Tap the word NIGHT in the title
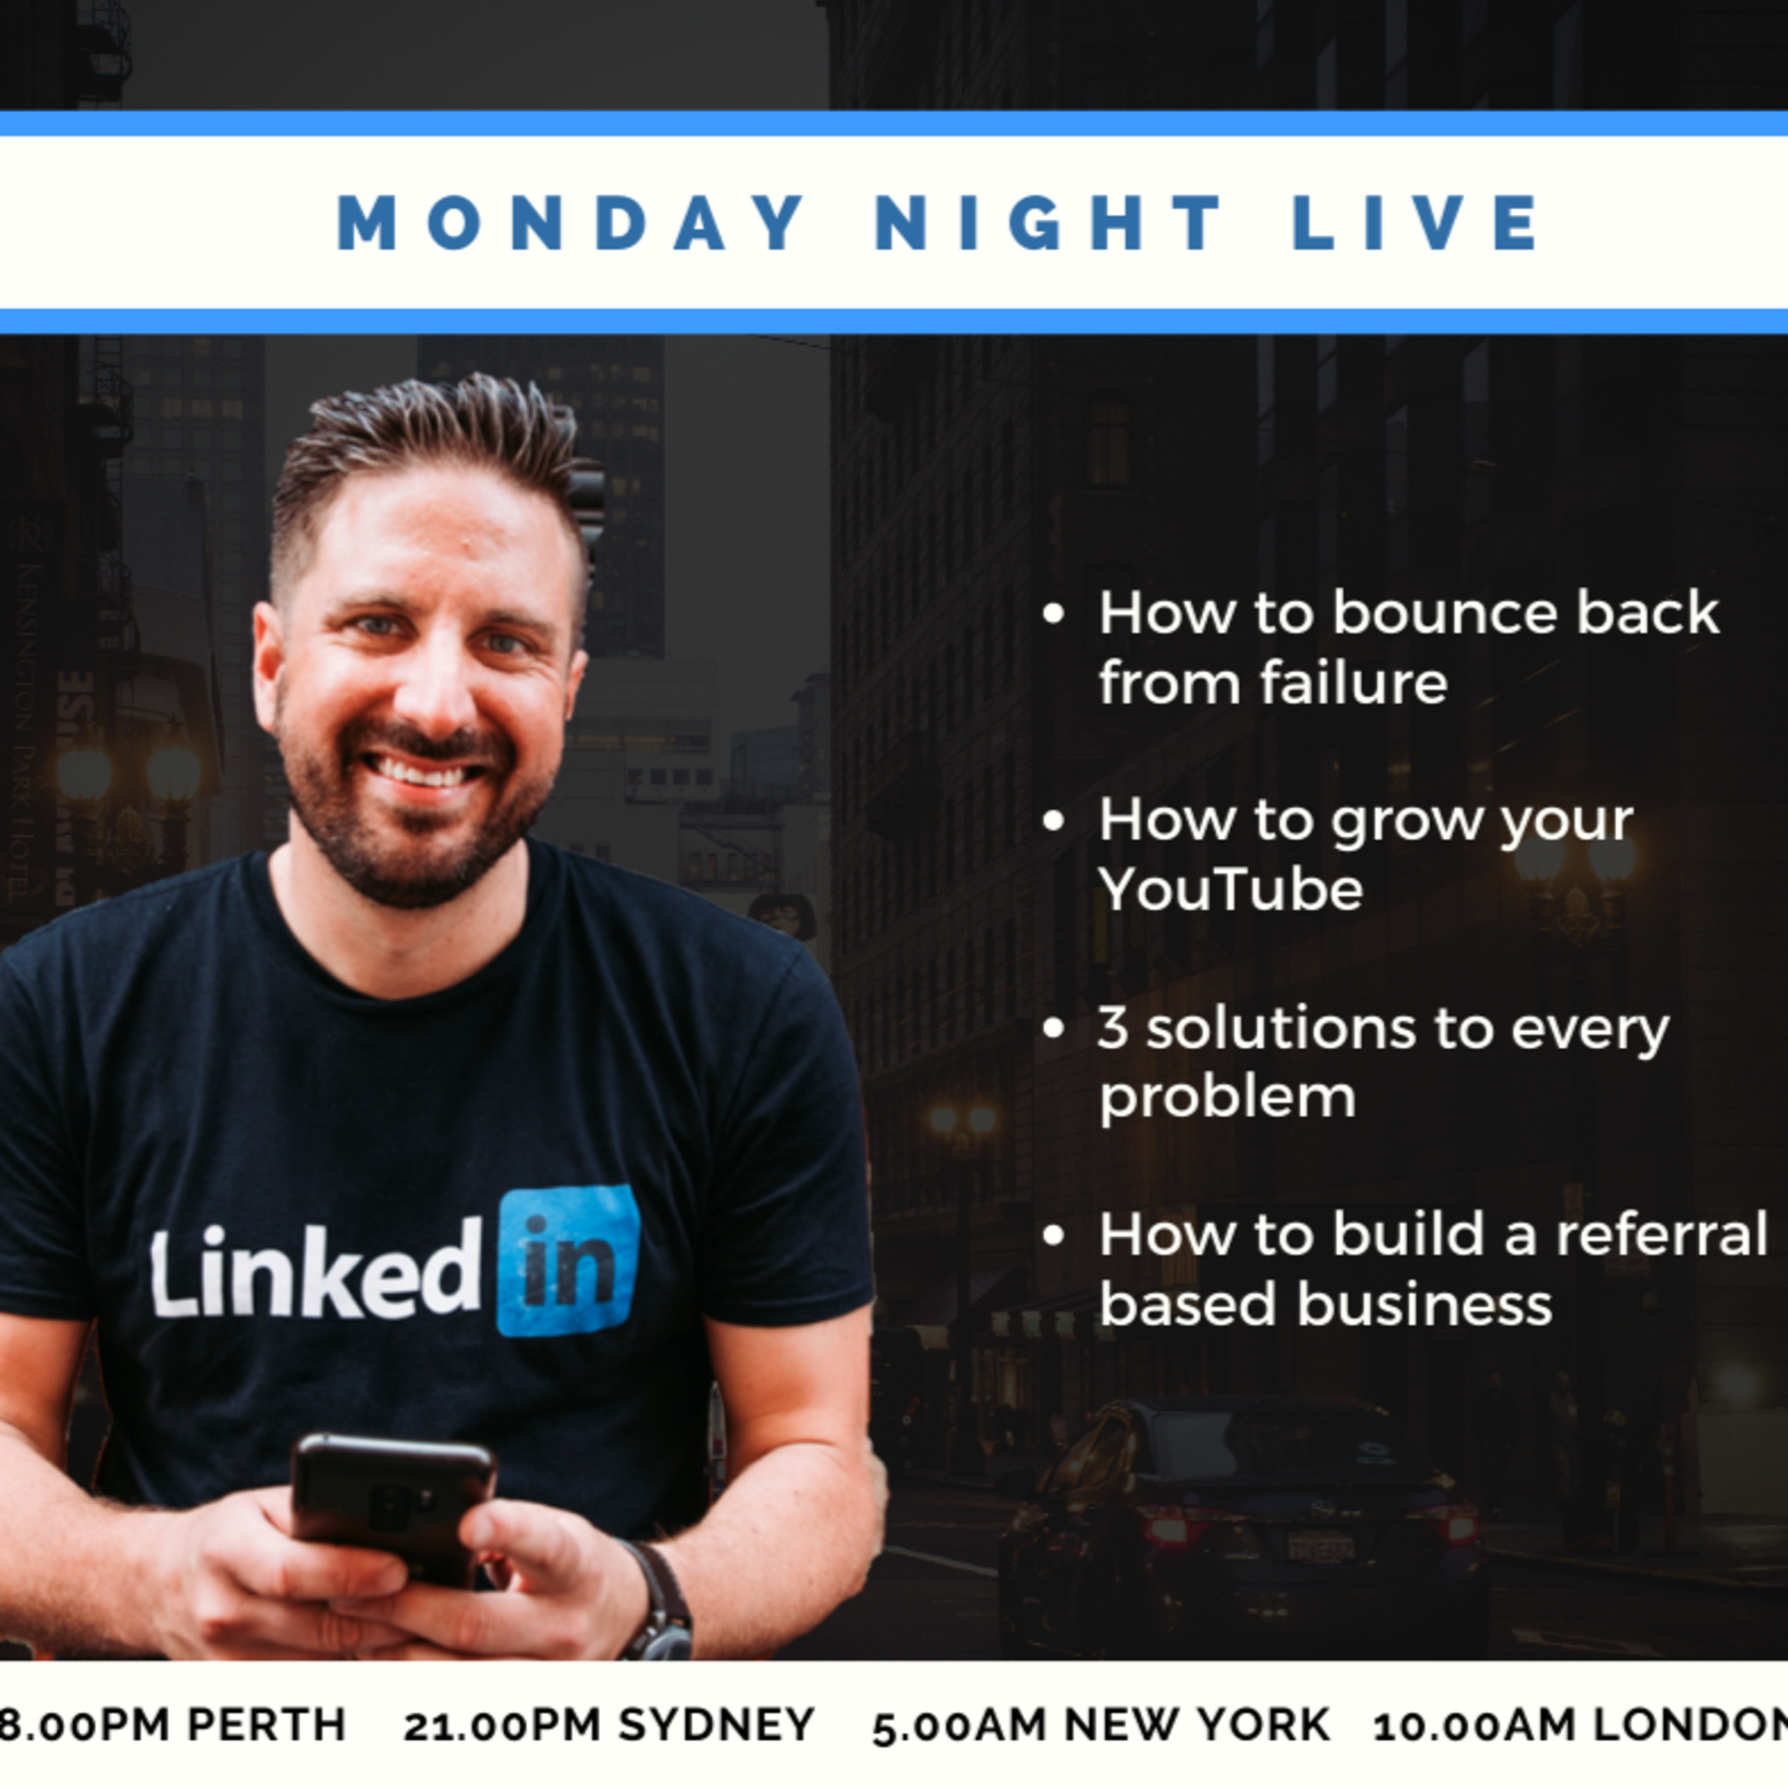1048,222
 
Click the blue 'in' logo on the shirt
568,1261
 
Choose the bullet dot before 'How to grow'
1053,822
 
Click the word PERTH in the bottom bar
268,1724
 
